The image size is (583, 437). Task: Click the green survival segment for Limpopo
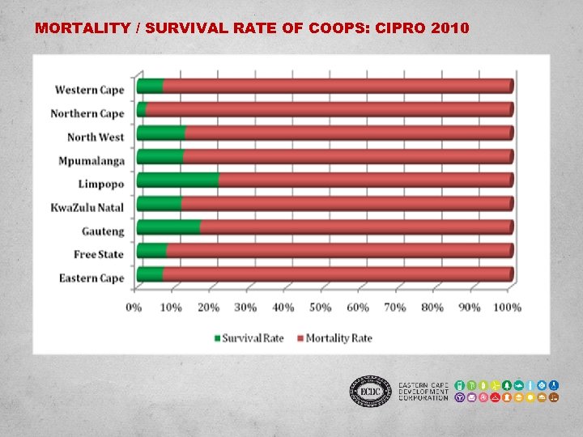click(x=177, y=180)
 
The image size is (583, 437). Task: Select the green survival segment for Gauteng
click(x=168, y=227)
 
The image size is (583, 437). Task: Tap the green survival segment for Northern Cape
click(x=142, y=109)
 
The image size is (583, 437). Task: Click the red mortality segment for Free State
click(x=338, y=250)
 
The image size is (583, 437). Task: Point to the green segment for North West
click(x=161, y=133)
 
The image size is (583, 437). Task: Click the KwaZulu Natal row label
click(x=88, y=208)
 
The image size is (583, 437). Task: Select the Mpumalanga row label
click(x=91, y=160)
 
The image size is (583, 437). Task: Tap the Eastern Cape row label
click(x=91, y=278)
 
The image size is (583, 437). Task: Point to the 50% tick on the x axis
click(x=320, y=308)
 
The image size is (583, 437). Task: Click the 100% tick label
click(x=507, y=308)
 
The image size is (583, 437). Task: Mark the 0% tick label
click(x=134, y=308)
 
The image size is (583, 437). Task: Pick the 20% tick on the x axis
click(x=208, y=308)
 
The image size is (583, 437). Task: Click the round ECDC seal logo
click(x=369, y=392)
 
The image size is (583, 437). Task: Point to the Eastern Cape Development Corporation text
click(x=423, y=392)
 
